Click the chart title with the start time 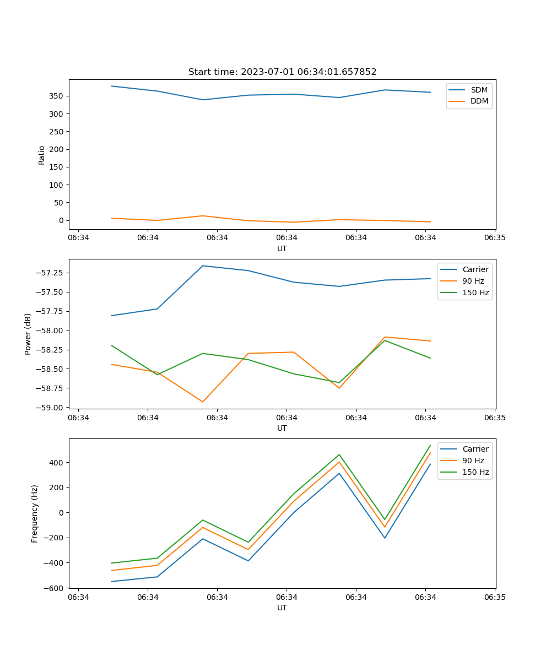point(282,72)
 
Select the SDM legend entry point(479,90)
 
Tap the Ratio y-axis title point(42,155)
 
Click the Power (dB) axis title point(28,334)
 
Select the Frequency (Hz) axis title point(35,513)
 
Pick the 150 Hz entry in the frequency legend point(476,472)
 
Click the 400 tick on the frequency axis point(57,463)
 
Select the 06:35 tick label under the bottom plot point(494,597)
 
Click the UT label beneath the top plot point(282,248)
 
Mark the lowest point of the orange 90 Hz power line point(203,402)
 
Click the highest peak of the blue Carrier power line point(203,266)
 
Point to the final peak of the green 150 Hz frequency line point(430,445)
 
